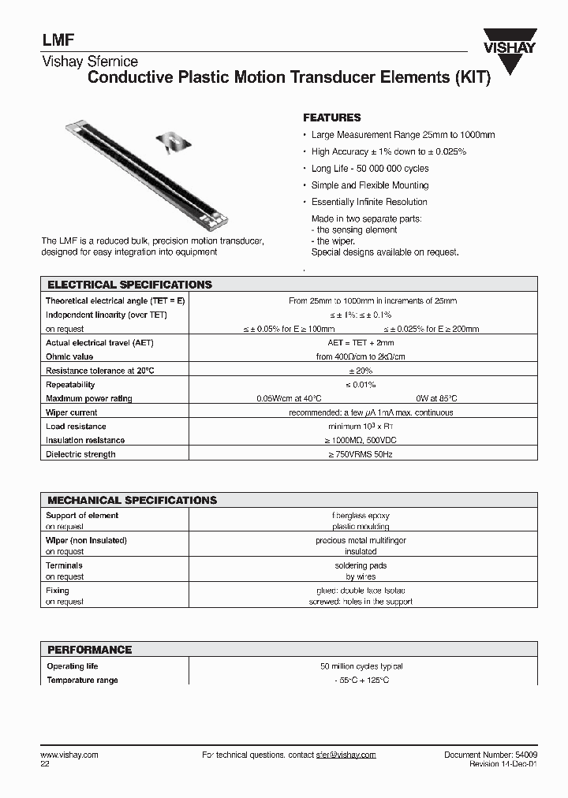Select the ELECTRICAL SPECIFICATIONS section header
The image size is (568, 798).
tap(130, 285)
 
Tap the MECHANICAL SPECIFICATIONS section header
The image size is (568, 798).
tap(133, 500)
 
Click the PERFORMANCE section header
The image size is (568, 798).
tap(90, 650)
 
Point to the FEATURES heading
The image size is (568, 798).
tap(332, 117)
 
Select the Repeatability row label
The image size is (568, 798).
tap(70, 385)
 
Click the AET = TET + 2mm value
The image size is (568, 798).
tap(361, 343)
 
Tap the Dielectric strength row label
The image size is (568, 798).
tap(80, 454)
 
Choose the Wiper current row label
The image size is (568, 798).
tap(72, 412)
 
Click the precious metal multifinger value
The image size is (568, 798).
tap(361, 541)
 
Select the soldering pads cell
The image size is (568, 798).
tap(361, 565)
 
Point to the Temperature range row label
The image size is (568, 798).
tap(82, 680)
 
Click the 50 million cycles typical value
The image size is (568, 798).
tap(362, 666)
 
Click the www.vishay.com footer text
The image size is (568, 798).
tap(69, 755)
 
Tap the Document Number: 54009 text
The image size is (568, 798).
tap(491, 755)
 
